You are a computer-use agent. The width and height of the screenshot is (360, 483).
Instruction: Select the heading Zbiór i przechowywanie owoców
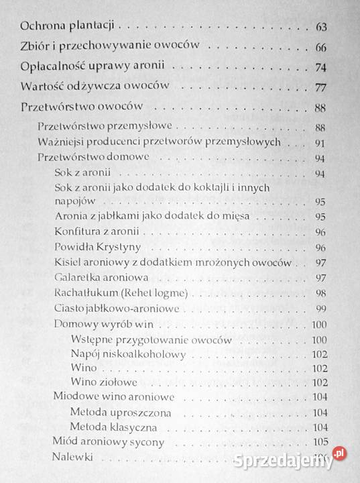point(116,48)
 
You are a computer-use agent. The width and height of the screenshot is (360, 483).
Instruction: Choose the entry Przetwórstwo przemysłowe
point(106,126)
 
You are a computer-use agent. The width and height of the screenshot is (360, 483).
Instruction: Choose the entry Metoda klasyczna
point(114,427)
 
